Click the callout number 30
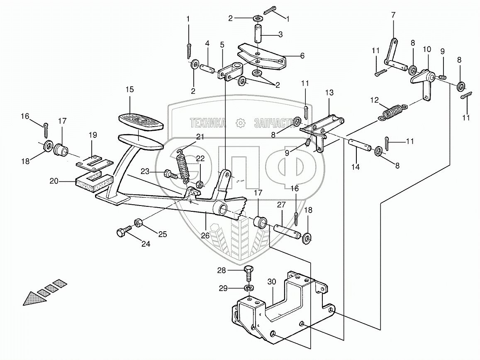point(272,281)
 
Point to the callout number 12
point(375,100)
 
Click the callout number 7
point(393,15)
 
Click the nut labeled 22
point(200,184)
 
